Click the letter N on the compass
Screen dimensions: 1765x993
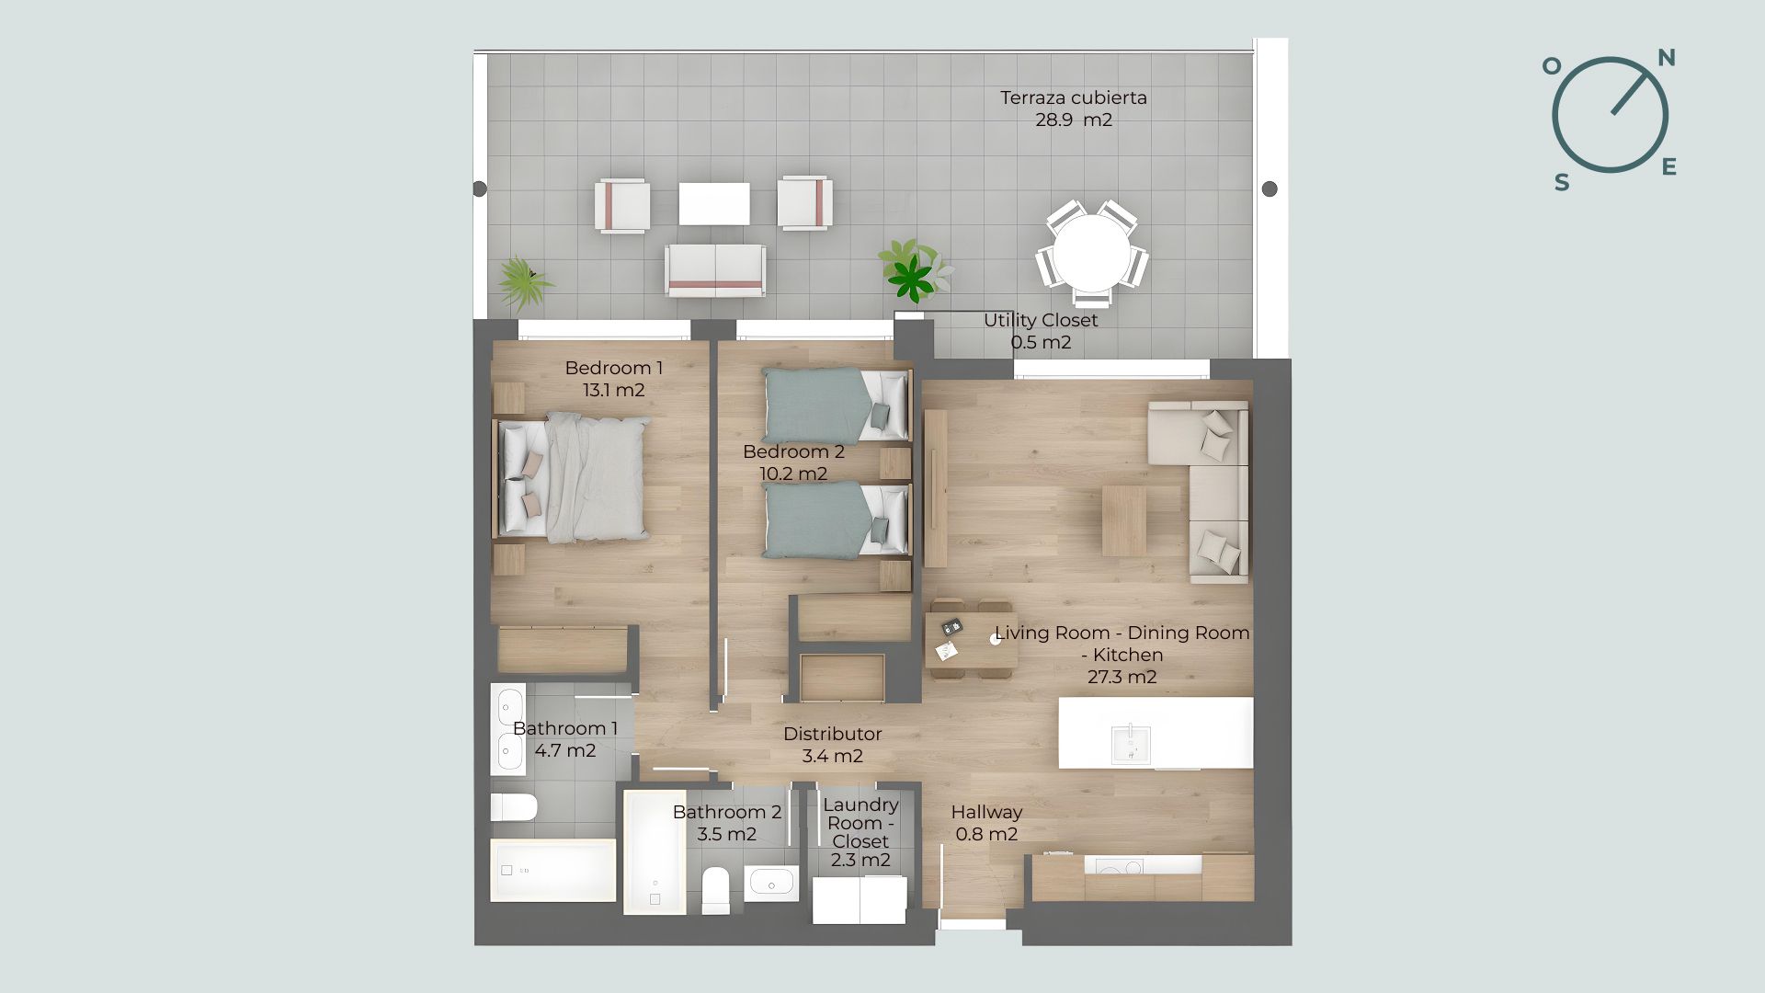[x=1666, y=58]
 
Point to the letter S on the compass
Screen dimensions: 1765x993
[x=1562, y=182]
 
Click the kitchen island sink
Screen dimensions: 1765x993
[x=1130, y=744]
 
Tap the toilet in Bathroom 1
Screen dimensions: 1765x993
[x=514, y=807]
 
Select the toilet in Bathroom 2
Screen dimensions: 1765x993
[x=715, y=890]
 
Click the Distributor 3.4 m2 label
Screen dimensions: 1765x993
[x=833, y=745]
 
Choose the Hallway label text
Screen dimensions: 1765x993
[x=986, y=812]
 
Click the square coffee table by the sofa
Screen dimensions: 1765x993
[x=1124, y=520]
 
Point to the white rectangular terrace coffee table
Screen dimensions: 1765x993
[x=714, y=203]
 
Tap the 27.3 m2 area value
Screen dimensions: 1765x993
[x=1122, y=677]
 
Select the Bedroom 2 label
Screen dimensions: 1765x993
[x=793, y=462]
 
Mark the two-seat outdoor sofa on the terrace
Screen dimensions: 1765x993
[x=715, y=270]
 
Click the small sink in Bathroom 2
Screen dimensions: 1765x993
[x=771, y=883]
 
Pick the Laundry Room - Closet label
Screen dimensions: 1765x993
[x=860, y=833]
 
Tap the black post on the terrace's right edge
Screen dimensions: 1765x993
[x=1270, y=188]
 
